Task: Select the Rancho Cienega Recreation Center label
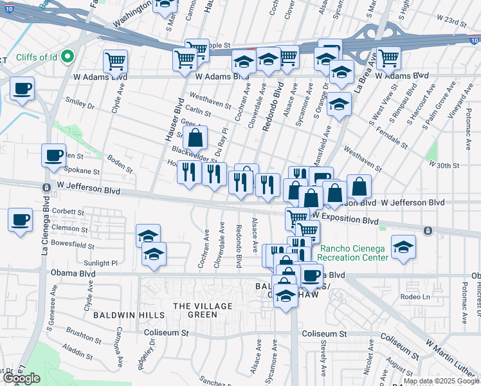(x=352, y=253)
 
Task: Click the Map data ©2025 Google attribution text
(x=441, y=381)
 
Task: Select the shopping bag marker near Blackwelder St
(x=195, y=138)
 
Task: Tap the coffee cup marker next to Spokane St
(x=54, y=155)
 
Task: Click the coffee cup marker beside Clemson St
(x=21, y=219)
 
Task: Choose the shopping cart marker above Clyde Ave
(x=115, y=62)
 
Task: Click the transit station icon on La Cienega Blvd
(x=46, y=188)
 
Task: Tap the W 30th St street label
(x=445, y=165)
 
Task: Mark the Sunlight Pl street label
(x=102, y=263)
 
